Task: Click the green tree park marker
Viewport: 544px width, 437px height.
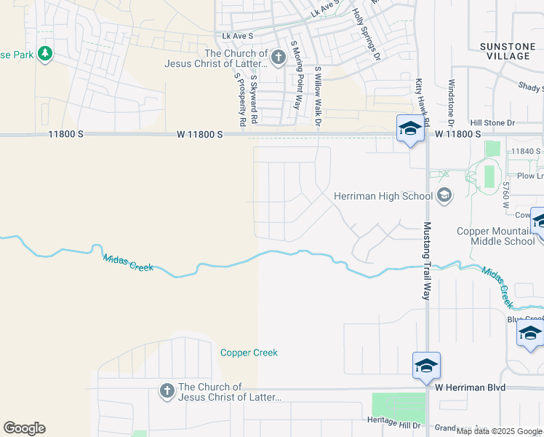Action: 45,54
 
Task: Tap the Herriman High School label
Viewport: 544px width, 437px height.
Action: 383,196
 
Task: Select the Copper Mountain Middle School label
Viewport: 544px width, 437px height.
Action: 496,236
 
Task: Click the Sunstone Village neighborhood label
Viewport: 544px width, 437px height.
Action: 506,51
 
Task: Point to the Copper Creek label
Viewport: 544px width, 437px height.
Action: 249,353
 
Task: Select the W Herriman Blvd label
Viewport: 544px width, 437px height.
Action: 471,388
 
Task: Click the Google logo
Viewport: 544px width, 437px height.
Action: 24,428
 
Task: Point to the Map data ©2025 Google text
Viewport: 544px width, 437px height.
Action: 499,432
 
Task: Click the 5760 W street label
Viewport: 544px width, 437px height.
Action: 504,194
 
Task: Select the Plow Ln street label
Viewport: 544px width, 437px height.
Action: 529,176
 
